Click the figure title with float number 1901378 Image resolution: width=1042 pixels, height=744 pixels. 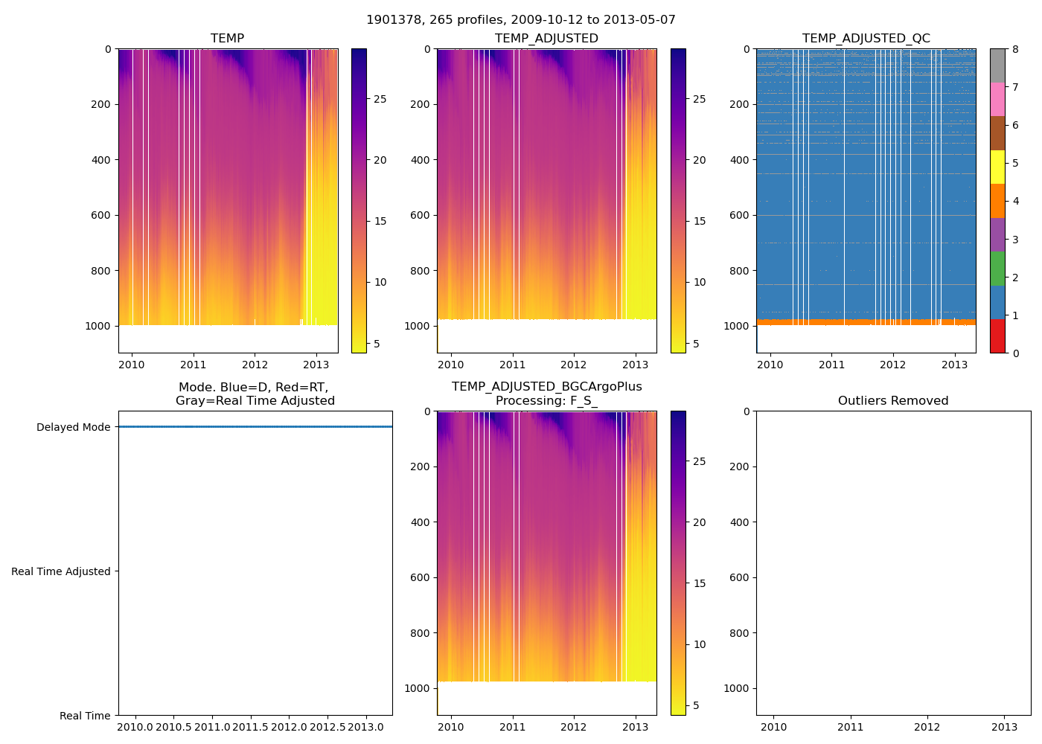pos(521,20)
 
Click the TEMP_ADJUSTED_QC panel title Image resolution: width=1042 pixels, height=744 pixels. pos(866,39)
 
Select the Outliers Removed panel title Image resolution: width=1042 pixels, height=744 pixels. pos(893,401)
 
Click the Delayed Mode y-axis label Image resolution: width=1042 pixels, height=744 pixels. pos(73,427)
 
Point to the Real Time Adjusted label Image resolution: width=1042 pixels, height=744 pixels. pos(61,571)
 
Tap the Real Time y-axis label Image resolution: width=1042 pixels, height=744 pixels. pos(85,716)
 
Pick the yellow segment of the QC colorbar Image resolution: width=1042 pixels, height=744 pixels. pos(997,167)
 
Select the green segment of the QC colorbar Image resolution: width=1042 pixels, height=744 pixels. pos(997,268)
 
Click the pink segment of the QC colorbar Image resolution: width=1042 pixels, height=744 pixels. pos(997,99)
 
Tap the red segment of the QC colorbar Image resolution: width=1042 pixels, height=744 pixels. pos(997,336)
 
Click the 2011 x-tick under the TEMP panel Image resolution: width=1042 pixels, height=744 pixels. pos(194,365)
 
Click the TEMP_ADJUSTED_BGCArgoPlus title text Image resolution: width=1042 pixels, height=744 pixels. pos(546,387)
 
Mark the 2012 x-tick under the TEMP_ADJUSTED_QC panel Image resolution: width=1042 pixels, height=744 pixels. pos(893,365)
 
